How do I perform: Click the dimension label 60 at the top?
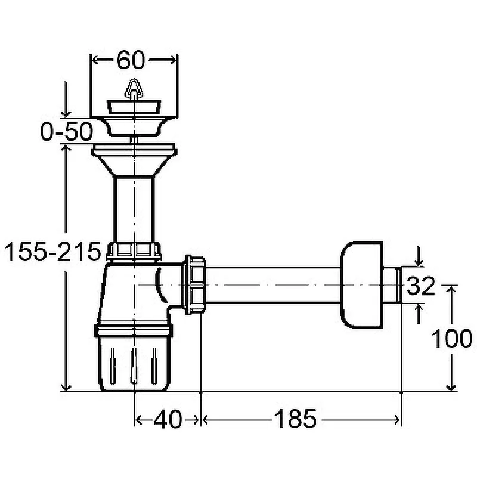131,60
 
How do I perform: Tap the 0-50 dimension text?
66,131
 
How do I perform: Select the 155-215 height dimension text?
53,252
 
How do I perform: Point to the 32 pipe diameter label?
421,286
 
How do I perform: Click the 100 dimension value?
452,339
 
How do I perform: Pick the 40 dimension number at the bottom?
168,420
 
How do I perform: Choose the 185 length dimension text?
295,419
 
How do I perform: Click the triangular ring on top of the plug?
134,88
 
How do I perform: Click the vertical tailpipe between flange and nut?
134,209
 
